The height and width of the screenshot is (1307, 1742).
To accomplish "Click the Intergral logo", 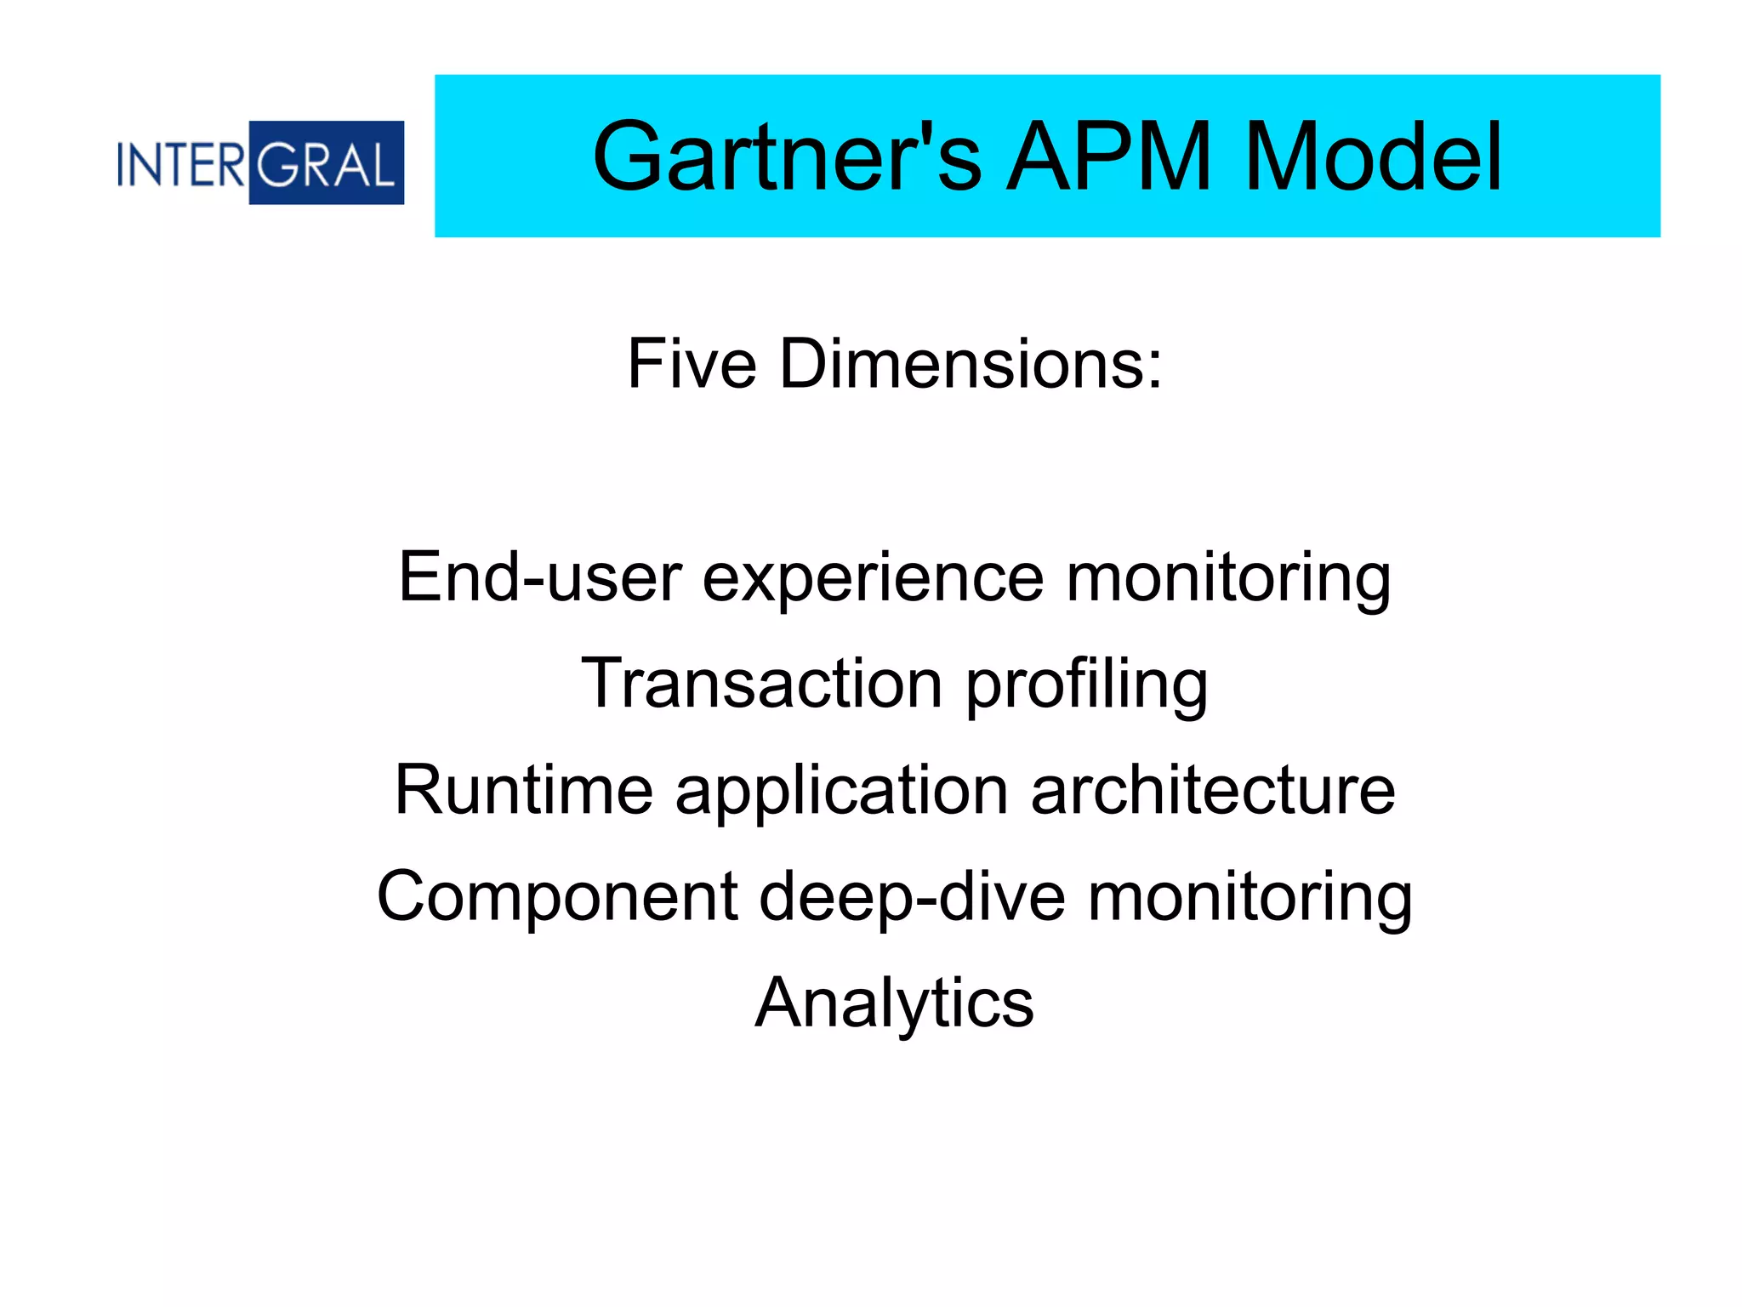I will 260,162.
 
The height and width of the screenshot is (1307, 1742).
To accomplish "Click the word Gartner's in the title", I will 787,157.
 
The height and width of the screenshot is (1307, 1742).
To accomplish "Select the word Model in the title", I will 1373,157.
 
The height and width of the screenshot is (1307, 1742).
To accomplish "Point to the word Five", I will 692,364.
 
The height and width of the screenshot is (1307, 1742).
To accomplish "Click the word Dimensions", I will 960,364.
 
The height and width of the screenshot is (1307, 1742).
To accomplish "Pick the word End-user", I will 540,577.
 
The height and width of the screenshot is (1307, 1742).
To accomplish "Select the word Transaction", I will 762,683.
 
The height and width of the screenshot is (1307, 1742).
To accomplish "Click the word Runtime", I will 524,790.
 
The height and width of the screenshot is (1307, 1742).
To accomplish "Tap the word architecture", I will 1213,790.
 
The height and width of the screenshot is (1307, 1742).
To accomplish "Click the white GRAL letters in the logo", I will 326,163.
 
